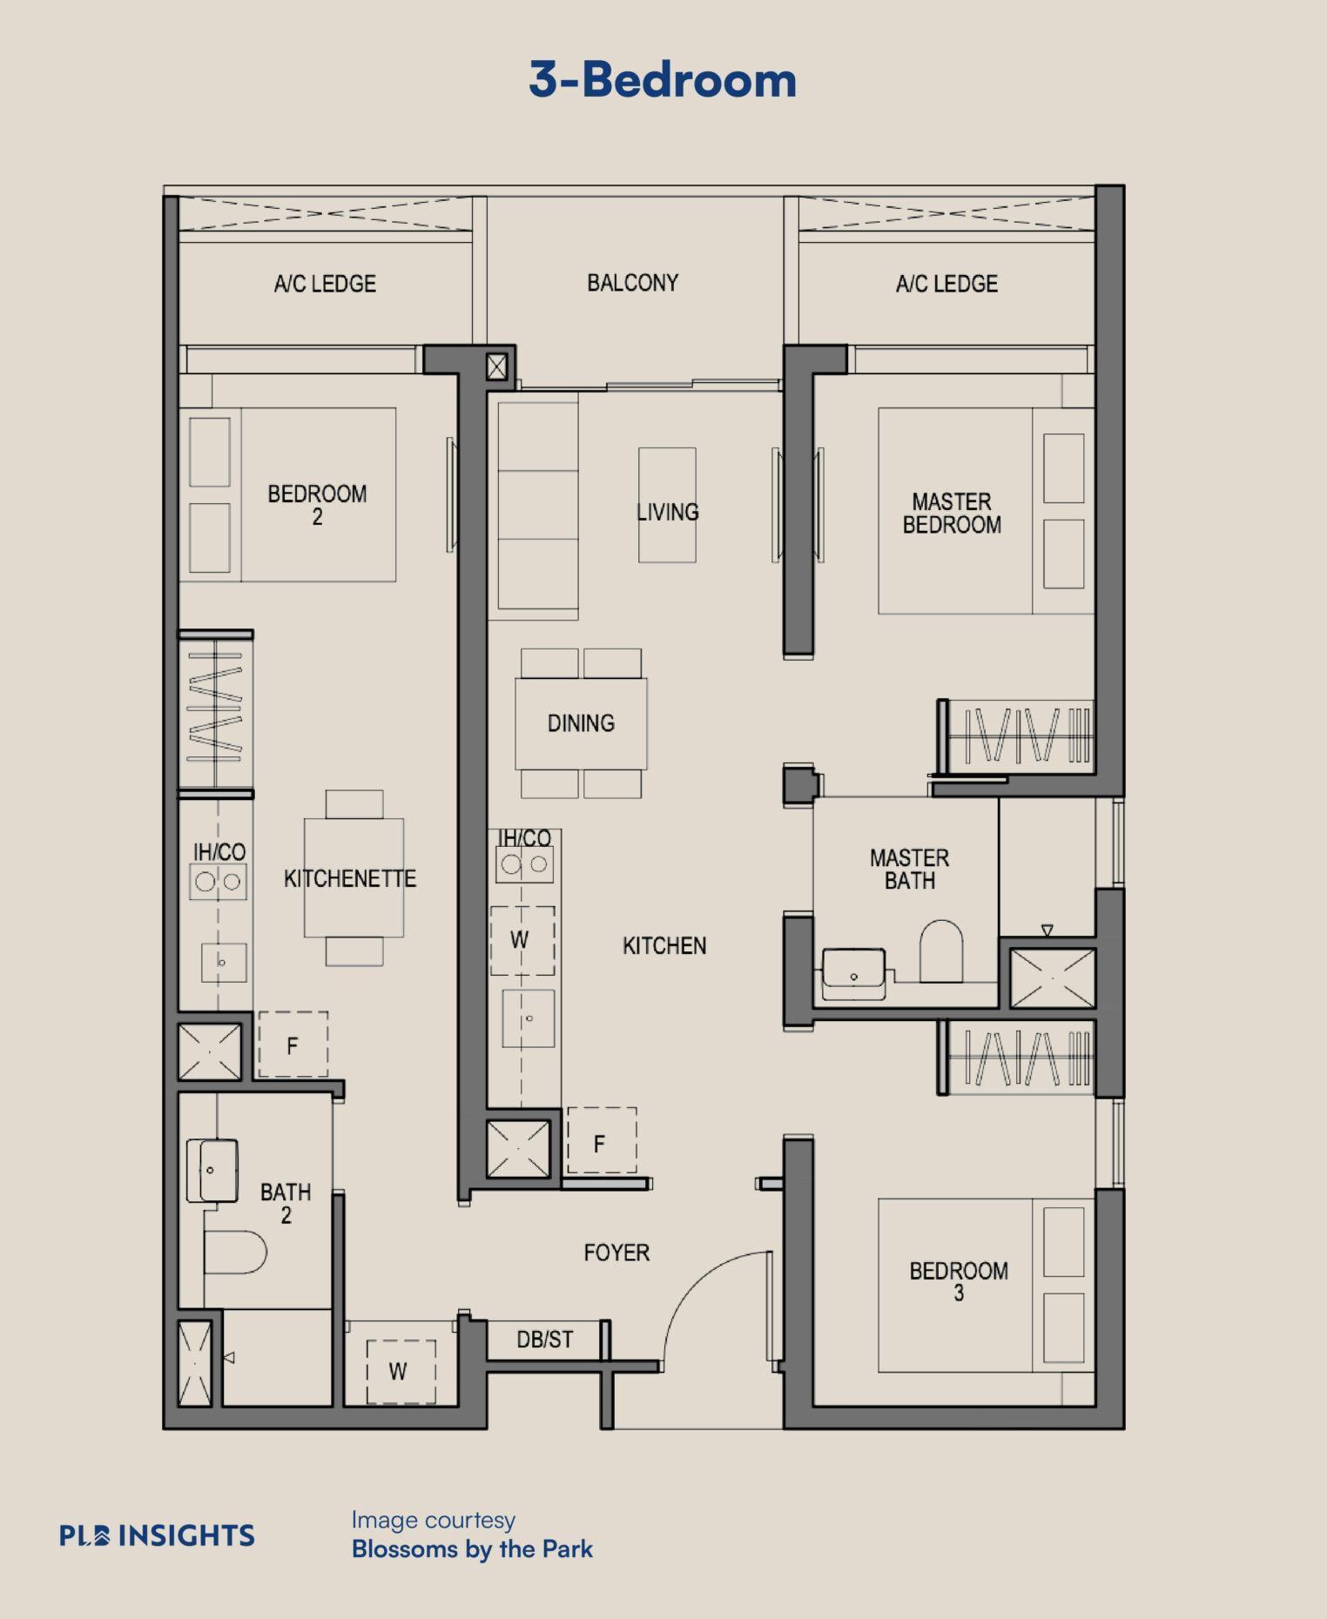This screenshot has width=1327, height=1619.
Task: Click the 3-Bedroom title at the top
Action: coord(663,80)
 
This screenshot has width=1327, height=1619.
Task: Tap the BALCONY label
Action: coord(633,283)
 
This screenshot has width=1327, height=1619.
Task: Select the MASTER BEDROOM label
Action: coord(952,514)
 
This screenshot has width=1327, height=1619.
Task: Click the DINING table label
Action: coord(581,723)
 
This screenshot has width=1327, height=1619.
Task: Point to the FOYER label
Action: coord(616,1253)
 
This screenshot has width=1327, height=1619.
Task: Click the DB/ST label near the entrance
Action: coord(545,1340)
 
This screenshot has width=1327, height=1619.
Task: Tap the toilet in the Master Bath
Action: coord(941,951)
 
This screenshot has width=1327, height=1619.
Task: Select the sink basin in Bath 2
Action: coord(212,1171)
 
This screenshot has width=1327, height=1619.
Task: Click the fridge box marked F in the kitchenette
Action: coord(293,1045)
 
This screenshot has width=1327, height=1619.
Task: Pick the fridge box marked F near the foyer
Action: coord(602,1141)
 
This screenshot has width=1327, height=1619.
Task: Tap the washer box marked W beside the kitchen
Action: coord(522,940)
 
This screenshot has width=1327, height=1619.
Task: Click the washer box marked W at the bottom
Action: coord(401,1371)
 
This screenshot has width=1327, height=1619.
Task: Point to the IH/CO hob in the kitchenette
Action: coord(219,881)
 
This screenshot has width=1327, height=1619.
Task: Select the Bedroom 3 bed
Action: coord(987,1285)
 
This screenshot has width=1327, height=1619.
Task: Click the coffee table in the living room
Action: coord(667,505)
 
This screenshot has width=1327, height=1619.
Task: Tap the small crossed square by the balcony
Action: coord(496,367)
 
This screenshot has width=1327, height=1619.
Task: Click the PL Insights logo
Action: coord(157,1535)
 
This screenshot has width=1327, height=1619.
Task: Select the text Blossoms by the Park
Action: coord(472,1548)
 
